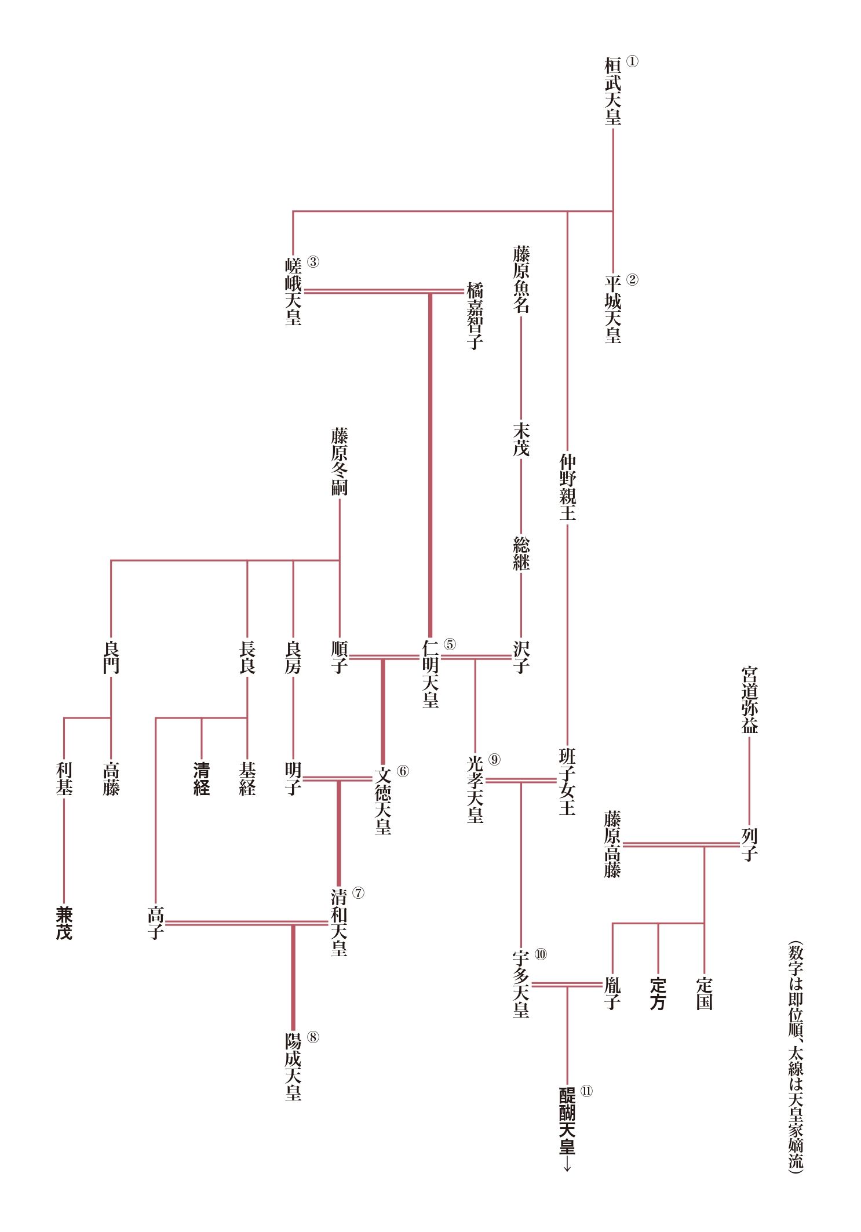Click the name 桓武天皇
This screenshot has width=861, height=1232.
click(613, 91)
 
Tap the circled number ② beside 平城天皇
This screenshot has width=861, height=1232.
click(632, 279)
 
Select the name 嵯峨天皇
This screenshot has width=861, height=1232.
click(293, 291)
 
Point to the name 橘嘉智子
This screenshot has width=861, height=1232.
click(475, 315)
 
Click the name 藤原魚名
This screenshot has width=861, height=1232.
click(521, 279)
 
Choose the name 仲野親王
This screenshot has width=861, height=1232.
click(567, 487)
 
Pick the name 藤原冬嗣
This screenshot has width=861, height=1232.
click(340, 462)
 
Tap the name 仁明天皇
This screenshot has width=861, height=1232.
click(430, 673)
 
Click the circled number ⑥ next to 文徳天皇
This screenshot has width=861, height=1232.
click(403, 771)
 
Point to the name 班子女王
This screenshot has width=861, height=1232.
click(567, 781)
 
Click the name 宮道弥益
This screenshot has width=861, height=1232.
click(750, 700)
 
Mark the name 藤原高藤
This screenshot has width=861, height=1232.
click(612, 844)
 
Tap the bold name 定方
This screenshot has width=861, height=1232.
click(658, 994)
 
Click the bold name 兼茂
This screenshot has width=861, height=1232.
click(64, 923)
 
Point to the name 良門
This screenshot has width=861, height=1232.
click(111, 657)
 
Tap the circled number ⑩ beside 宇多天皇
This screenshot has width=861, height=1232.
click(540, 954)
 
